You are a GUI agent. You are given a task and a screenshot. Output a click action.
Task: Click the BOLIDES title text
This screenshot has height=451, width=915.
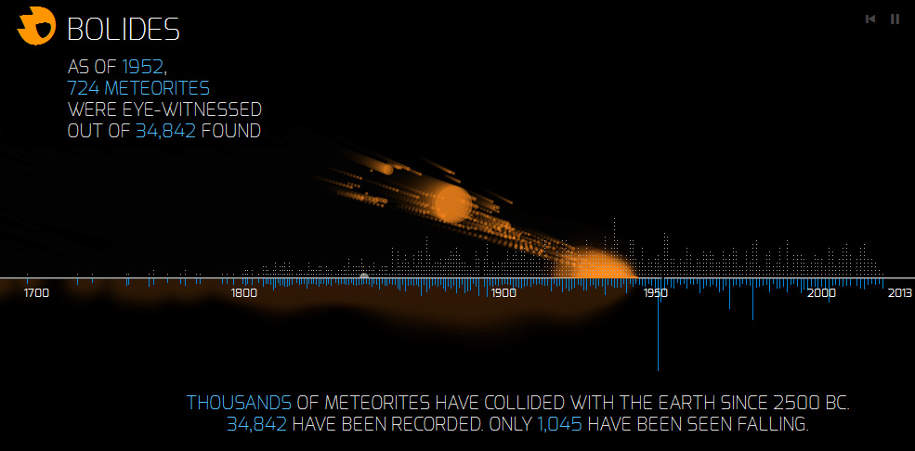point(124,29)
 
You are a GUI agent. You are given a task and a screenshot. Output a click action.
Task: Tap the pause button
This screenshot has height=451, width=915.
point(895,19)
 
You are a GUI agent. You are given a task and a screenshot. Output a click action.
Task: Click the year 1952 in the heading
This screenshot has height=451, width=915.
point(143,67)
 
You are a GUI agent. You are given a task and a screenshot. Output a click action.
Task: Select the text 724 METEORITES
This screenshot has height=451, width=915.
point(139,88)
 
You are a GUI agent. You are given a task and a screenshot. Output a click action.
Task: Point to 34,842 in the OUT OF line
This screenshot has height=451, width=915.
point(165,131)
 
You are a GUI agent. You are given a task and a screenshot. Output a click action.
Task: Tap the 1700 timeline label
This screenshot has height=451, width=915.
point(36,293)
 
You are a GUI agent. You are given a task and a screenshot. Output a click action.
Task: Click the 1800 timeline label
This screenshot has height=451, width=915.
point(244,293)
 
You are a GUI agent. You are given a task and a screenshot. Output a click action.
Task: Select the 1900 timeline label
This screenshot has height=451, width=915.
point(503,293)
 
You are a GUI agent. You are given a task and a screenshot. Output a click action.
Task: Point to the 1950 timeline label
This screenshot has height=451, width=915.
point(655,293)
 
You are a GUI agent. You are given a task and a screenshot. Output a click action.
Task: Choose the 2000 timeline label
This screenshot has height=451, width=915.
point(821,293)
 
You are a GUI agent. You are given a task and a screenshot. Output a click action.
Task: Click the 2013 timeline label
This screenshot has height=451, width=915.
point(899,293)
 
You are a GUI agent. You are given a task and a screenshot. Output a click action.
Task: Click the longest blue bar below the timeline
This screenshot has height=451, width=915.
point(659,325)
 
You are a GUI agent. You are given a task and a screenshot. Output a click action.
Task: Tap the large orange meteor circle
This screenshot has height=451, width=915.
point(451,203)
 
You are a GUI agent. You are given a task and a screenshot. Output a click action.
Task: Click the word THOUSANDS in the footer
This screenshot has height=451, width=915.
point(240,403)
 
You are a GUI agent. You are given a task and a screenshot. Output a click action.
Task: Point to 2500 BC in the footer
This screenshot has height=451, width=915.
point(816,403)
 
